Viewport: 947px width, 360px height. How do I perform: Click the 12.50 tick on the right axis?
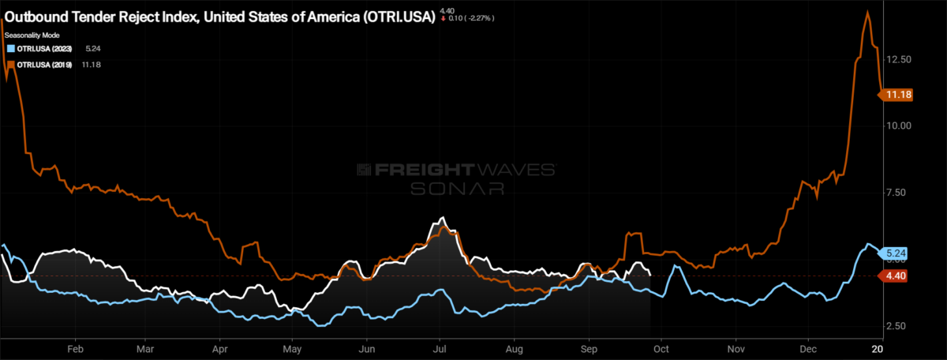(899, 59)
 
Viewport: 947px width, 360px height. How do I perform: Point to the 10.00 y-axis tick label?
(899, 126)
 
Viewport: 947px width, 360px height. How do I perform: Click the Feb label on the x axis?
(76, 348)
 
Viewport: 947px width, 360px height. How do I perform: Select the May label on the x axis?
(292, 348)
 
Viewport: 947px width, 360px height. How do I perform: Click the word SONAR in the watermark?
(457, 188)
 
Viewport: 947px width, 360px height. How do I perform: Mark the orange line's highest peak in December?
(867, 11)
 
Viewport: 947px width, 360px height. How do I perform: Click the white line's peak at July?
(443, 218)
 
